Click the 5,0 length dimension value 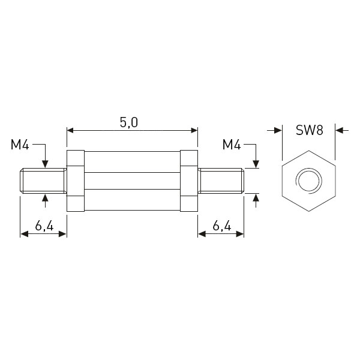(129, 122)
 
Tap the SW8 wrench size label (309, 130)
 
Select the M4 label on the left (20, 145)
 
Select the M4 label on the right (232, 145)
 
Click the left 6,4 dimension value (44, 226)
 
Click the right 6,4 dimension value (222, 226)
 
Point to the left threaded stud (43, 181)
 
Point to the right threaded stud (221, 181)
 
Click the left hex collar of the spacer (76, 181)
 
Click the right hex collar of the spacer (189, 181)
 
